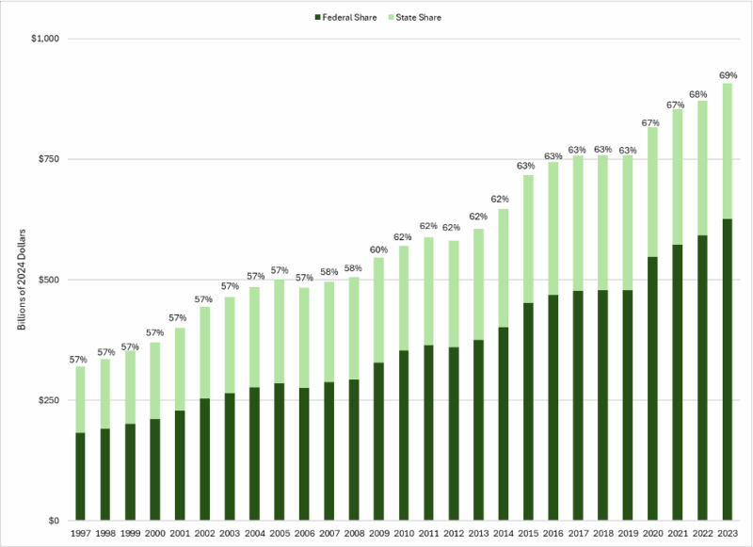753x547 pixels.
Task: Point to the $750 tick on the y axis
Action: click(x=45, y=159)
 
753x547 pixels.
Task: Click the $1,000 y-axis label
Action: click(x=43, y=39)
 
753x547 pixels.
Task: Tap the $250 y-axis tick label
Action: click(x=45, y=400)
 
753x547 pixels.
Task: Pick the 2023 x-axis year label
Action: click(x=728, y=534)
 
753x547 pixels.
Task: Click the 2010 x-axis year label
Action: click(x=406, y=534)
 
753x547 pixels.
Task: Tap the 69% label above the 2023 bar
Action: click(x=728, y=73)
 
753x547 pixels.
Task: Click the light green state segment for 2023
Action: click(x=728, y=151)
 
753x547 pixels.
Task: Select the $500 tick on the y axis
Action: click(x=45, y=280)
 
